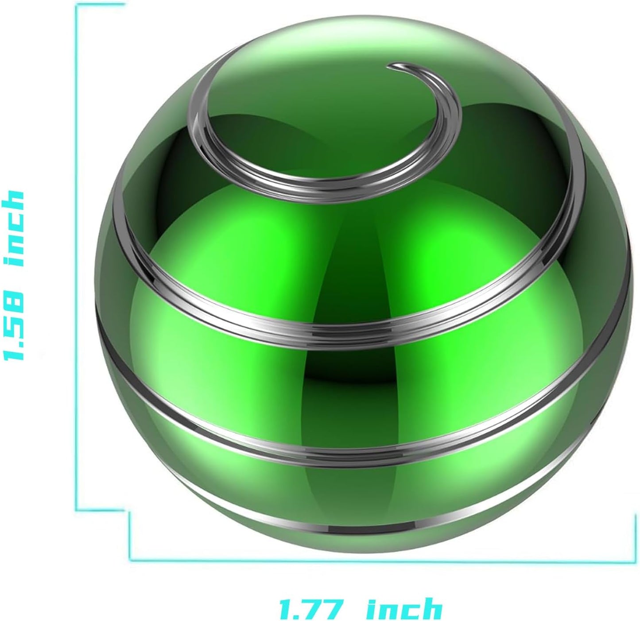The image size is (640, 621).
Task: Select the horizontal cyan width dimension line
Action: (x=381, y=560)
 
